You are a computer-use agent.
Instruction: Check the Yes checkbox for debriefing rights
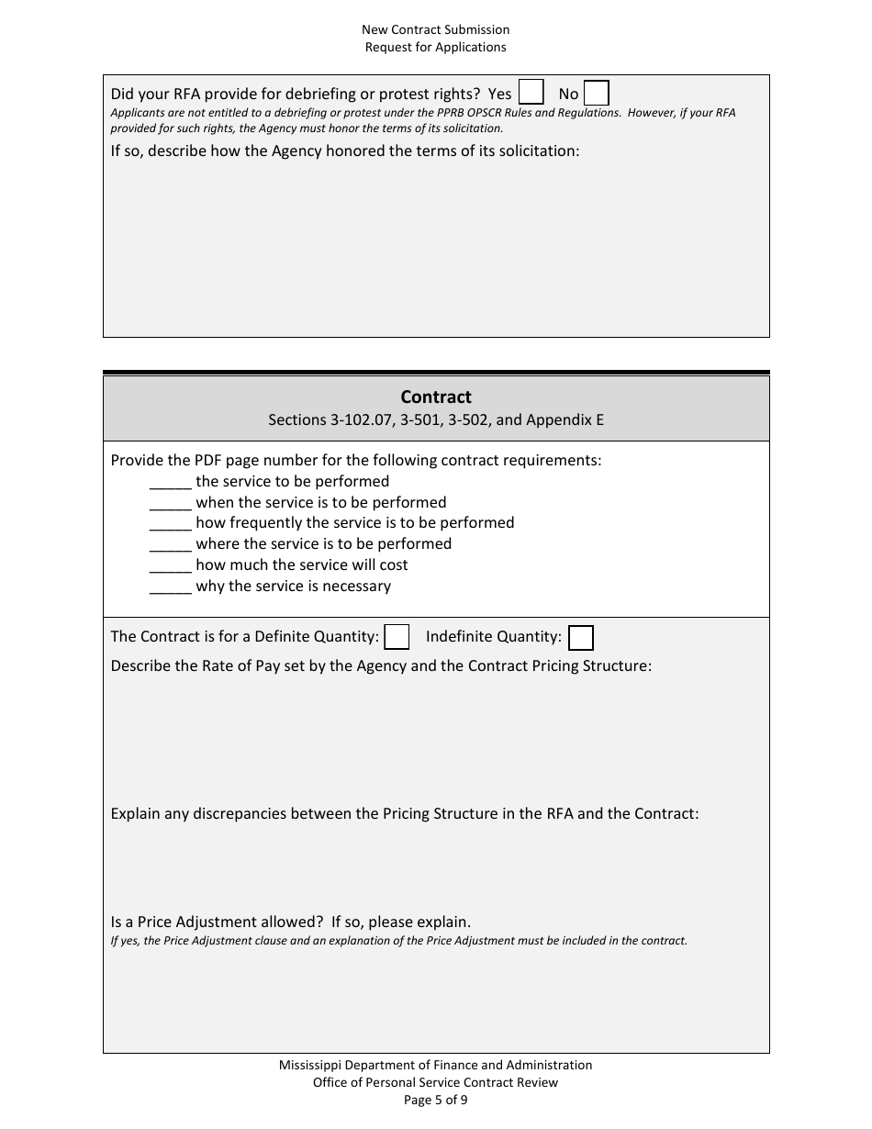coord(531,93)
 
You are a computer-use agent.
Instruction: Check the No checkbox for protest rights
coord(597,94)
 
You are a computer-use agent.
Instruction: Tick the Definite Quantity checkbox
coord(397,637)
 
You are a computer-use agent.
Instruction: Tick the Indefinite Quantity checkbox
coord(581,638)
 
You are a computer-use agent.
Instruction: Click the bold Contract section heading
coord(436,397)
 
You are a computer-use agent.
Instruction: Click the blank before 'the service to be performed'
coord(170,482)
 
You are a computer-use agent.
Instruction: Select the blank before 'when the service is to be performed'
coord(170,503)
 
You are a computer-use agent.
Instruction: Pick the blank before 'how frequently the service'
coord(170,523)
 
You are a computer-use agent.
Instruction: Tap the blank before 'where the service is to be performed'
coord(170,544)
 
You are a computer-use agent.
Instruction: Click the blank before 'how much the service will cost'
coord(170,565)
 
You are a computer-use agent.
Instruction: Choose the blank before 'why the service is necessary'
coord(170,587)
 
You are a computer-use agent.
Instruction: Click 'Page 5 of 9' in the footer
coord(436,1100)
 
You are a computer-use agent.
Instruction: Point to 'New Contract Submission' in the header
coord(436,29)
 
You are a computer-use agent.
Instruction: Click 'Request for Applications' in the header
coord(436,47)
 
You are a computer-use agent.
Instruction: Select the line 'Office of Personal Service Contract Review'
coord(436,1082)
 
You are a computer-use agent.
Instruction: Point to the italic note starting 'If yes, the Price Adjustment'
coord(398,941)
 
